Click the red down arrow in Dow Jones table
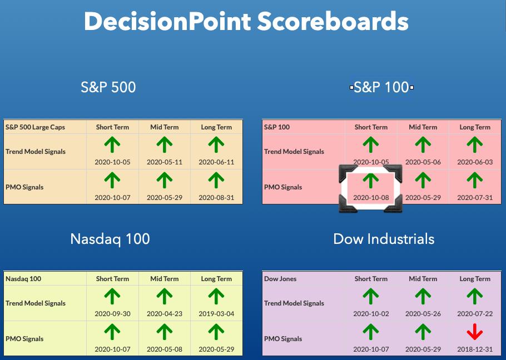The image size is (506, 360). click(475, 332)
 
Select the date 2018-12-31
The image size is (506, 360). click(475, 349)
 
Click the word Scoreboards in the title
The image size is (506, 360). click(333, 21)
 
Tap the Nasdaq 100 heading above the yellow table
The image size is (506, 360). click(110, 239)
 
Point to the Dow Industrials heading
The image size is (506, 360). click(384, 239)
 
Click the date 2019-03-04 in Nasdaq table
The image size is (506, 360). click(216, 313)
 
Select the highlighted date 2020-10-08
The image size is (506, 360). click(371, 198)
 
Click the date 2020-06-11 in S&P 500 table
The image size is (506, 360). click(216, 162)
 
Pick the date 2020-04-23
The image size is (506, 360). click(164, 313)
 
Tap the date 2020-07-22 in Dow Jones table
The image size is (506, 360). click(475, 313)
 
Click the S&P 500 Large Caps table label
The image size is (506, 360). click(35, 127)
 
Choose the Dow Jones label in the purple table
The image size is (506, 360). click(280, 279)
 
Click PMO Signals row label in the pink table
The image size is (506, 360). click(283, 187)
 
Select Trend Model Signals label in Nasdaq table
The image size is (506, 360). click(36, 303)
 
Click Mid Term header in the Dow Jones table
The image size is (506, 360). click(423, 279)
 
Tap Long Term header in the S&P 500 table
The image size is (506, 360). click(216, 127)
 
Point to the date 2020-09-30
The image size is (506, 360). click(112, 313)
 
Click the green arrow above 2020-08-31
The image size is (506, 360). click(216, 180)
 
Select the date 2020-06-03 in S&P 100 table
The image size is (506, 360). click(475, 162)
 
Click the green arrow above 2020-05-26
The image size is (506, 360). click(423, 296)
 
